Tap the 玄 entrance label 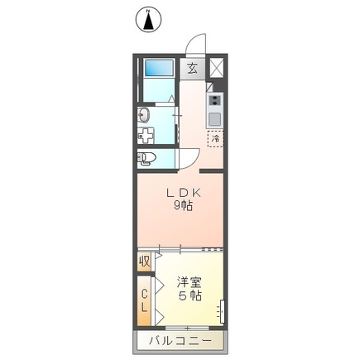(192, 68)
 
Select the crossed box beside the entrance (216, 68)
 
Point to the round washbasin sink (142, 116)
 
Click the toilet (146, 157)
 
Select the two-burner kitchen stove (215, 103)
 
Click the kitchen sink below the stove (215, 119)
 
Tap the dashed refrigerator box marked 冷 (214, 139)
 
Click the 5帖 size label (190, 296)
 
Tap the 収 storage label (144, 262)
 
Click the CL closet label (144, 301)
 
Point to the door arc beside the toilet (185, 157)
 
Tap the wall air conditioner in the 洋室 (222, 312)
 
